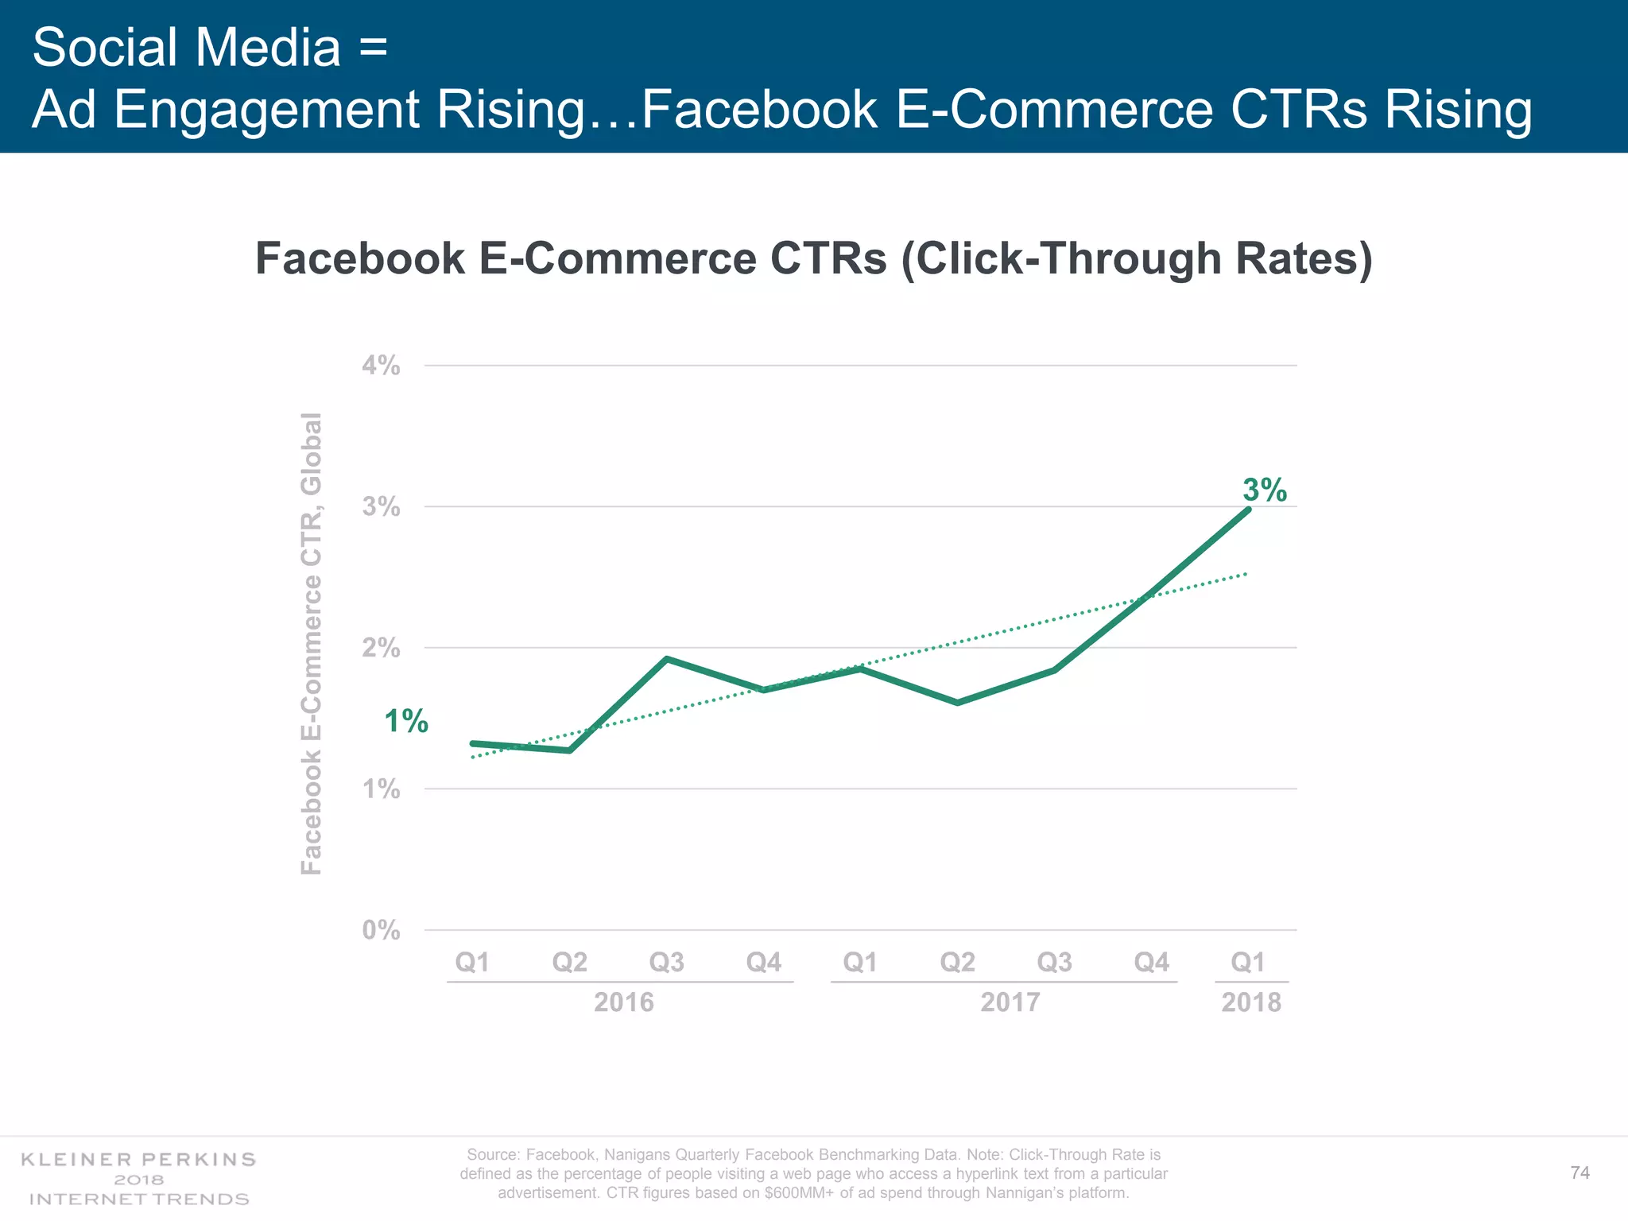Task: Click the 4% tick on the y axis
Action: click(x=381, y=366)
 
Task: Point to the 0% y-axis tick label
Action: click(x=381, y=930)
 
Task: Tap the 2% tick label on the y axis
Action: click(x=381, y=649)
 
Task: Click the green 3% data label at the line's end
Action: click(x=1265, y=490)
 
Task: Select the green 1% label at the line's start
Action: click(x=406, y=722)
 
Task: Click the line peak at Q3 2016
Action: click(x=667, y=659)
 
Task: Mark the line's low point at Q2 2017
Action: click(x=957, y=703)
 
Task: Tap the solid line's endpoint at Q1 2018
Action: click(x=1248, y=510)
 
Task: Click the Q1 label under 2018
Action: click(x=1248, y=963)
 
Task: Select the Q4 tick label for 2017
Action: click(x=1151, y=963)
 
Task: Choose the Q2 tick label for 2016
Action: click(x=569, y=963)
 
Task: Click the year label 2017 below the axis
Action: click(x=1010, y=1002)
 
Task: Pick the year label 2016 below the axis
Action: click(x=624, y=1002)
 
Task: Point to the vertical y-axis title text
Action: click(x=312, y=644)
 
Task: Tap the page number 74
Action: click(x=1580, y=1173)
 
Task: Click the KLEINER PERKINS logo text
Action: click(x=138, y=1160)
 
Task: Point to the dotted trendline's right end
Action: click(x=1246, y=574)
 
